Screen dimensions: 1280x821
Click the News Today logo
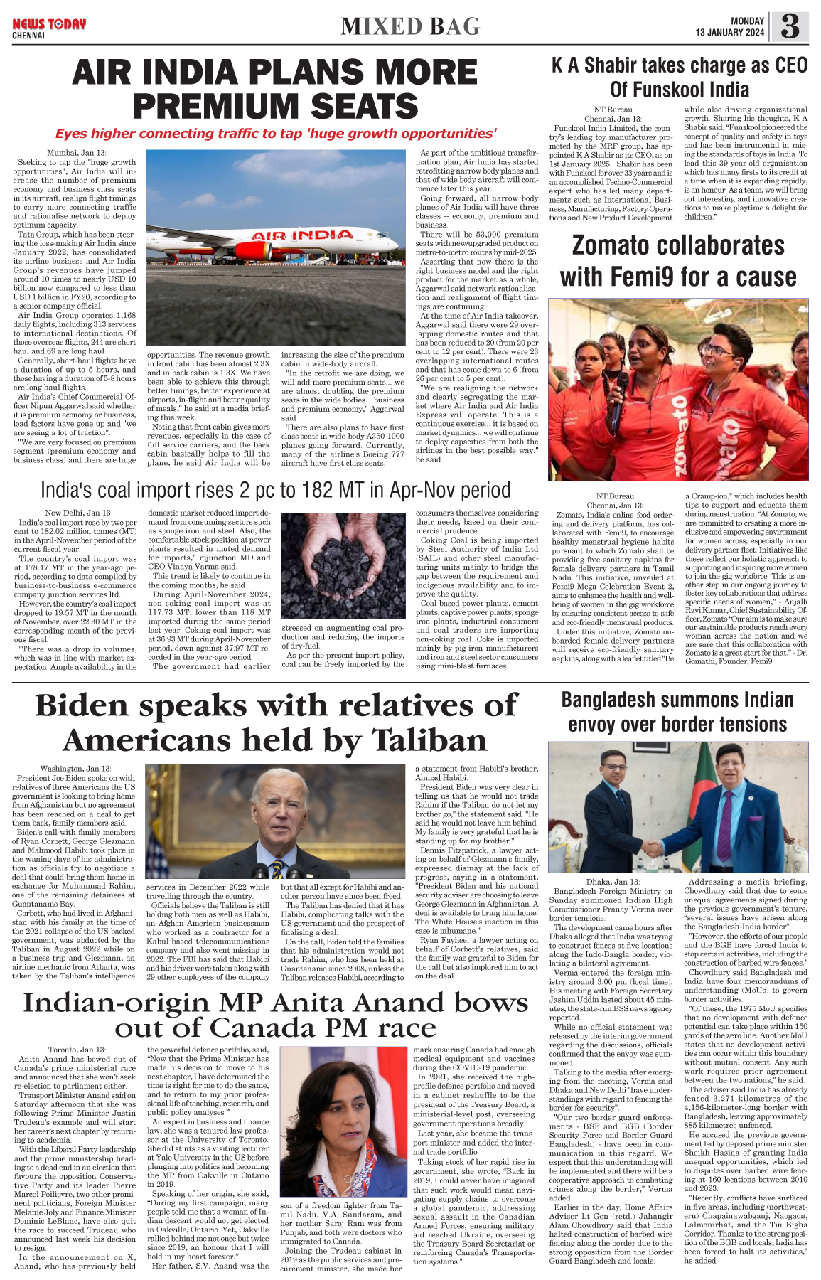point(48,24)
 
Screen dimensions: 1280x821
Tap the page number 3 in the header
point(790,27)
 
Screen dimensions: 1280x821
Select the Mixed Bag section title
point(410,26)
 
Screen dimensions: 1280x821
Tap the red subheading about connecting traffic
point(276,134)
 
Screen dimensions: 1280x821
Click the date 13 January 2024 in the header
point(730,33)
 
